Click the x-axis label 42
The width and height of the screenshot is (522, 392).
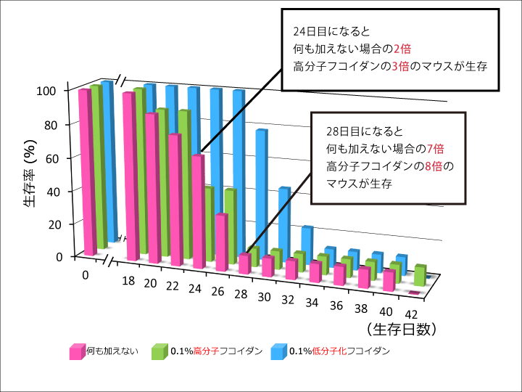pos(411,314)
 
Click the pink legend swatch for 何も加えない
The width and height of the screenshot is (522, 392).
pos(77,352)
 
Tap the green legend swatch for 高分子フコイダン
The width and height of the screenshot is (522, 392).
pos(159,352)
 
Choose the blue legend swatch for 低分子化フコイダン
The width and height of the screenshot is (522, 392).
pos(278,352)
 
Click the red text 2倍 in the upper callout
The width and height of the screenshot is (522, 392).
pos(402,49)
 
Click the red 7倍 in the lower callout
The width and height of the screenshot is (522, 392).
pos(435,148)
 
